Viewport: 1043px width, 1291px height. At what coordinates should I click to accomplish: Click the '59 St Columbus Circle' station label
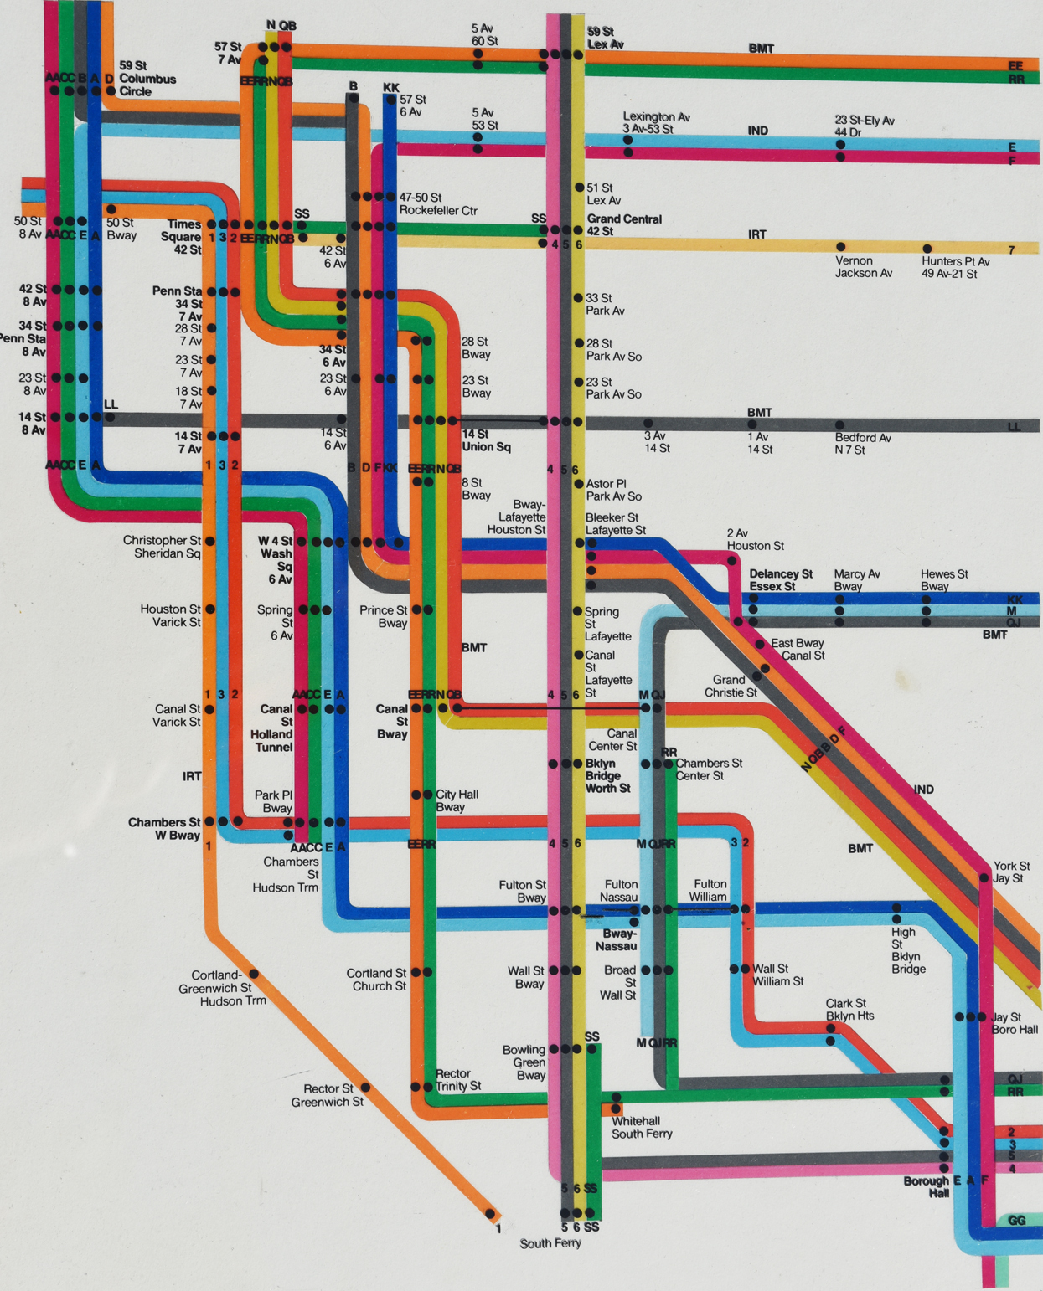coord(147,79)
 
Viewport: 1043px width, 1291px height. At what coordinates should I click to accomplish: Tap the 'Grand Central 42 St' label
coord(623,225)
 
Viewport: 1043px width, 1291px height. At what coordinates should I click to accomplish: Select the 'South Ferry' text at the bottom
coord(550,1243)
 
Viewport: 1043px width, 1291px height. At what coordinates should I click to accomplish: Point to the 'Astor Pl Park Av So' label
coord(613,490)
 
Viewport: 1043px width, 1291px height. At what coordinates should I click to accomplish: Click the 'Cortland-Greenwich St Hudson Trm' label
coord(222,988)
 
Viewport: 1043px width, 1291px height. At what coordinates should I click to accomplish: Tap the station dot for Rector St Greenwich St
coord(365,1088)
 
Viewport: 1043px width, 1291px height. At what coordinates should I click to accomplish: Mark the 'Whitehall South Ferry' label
coord(641,1127)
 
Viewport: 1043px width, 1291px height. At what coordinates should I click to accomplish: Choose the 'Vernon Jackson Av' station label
coord(863,266)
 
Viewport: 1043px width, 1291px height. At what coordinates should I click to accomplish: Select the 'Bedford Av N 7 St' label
coord(862,444)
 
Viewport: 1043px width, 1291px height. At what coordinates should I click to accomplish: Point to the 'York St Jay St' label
coord(1011,872)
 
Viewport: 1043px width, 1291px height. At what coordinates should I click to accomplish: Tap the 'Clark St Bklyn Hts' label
coord(849,1009)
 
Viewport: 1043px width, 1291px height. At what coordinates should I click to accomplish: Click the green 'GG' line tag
coord(1016,1221)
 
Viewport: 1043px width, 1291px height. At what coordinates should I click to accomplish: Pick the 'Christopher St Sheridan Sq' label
coord(162,547)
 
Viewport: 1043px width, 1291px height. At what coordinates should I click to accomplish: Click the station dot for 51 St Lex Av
coord(579,188)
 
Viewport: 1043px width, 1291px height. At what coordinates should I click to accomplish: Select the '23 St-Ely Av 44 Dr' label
coord(864,126)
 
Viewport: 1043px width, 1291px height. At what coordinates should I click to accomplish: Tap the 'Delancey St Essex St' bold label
coord(780,579)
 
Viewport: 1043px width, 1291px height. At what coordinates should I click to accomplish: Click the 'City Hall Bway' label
coord(456,800)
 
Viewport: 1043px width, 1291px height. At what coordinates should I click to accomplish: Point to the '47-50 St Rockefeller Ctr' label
coord(437,203)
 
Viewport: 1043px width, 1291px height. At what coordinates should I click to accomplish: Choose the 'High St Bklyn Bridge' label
coord(907,950)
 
